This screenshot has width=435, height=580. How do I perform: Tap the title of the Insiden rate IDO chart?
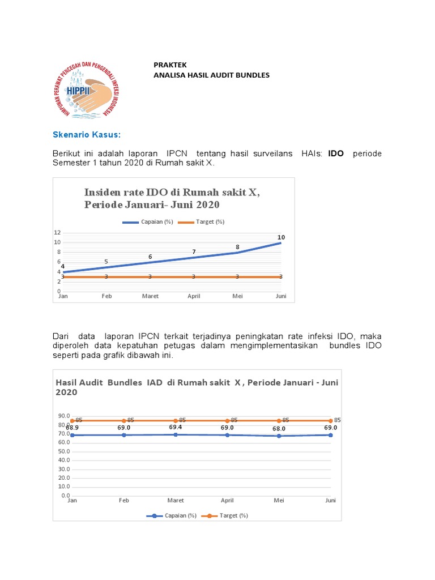[x=172, y=198]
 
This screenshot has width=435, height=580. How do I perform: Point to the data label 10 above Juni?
[x=281, y=237]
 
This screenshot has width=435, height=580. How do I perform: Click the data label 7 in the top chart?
[x=194, y=251]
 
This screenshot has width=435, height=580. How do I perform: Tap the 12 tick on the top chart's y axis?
[x=57, y=233]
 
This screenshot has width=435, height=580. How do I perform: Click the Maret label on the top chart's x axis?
[x=150, y=296]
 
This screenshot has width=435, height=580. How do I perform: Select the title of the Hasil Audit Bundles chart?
[x=197, y=387]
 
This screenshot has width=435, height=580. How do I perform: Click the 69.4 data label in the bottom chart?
[x=176, y=427]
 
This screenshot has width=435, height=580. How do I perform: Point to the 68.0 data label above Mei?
[x=279, y=429]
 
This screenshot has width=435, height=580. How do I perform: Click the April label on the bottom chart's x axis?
[x=227, y=501]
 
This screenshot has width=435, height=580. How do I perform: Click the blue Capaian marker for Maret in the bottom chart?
[x=176, y=434]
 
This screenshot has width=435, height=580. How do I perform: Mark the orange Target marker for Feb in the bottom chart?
[x=124, y=420]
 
